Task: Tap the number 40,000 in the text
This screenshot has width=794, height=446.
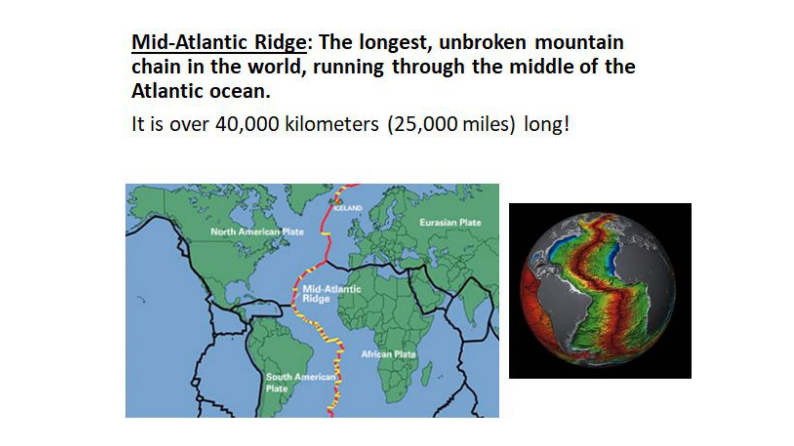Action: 247,124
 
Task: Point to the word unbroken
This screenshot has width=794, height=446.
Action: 482,42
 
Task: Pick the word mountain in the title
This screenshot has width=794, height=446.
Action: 579,42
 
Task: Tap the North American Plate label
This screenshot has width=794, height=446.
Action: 257,232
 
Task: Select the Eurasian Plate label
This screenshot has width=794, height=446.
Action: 450,223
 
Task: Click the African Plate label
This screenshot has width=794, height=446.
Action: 388,354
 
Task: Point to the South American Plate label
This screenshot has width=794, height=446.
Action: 300,383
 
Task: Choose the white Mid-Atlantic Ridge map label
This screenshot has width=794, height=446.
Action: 331,294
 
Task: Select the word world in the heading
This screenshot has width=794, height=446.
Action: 275,67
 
